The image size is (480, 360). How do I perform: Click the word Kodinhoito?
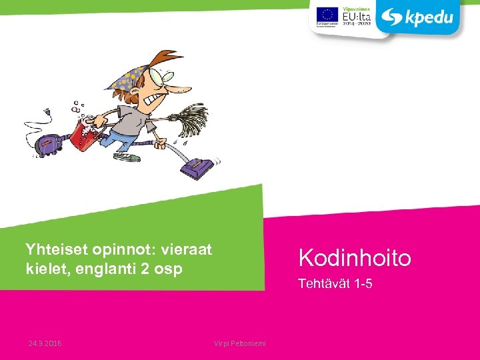(355, 257)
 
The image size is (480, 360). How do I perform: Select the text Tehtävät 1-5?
(335, 285)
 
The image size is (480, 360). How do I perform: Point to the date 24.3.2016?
(45, 343)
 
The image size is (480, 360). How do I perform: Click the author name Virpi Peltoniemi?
(240, 343)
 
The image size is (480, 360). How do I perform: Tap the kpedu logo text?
(427, 17)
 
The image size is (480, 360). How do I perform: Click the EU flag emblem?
(327, 15)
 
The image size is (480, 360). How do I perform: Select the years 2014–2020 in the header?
(357, 23)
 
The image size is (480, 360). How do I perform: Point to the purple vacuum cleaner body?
(49, 141)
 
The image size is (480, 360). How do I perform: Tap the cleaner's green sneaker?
(127, 157)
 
